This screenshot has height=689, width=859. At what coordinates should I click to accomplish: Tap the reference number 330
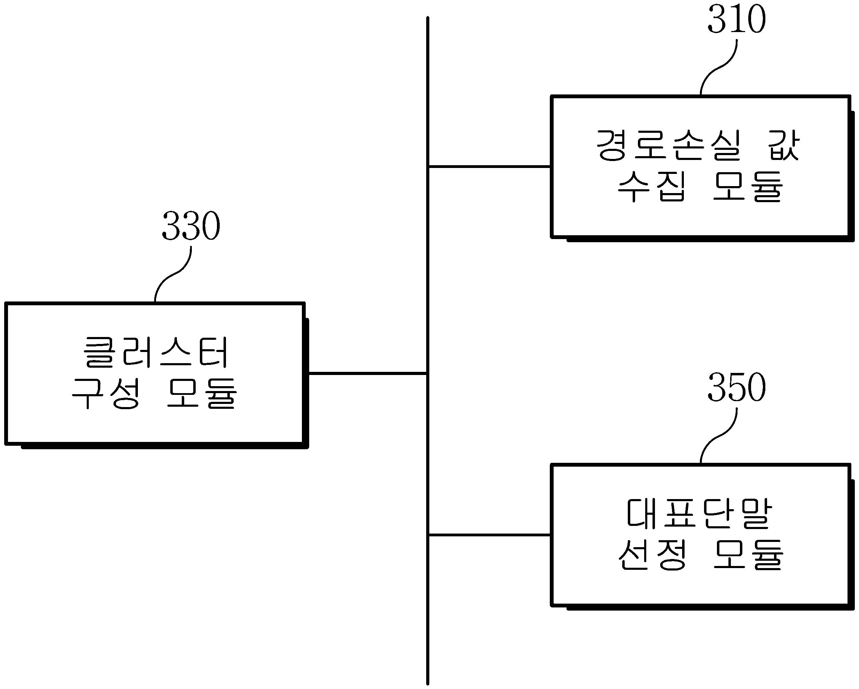[191, 226]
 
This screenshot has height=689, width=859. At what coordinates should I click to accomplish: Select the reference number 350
[736, 387]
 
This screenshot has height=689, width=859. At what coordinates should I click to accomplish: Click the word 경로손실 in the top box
[669, 145]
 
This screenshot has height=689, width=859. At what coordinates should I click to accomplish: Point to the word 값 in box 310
[783, 145]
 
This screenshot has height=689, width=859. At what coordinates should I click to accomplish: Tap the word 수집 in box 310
[652, 186]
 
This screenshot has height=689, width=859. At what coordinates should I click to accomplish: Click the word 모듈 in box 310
[748, 186]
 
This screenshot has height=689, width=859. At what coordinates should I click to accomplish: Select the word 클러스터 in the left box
[156, 352]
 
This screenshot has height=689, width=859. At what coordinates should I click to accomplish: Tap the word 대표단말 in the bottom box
[700, 514]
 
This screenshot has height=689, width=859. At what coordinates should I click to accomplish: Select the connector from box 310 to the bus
[490, 166]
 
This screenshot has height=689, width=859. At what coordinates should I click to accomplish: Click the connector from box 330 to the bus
[368, 374]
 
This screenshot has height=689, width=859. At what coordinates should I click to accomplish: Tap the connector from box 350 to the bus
[490, 535]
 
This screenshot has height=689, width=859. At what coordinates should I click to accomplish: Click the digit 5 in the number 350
[736, 387]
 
